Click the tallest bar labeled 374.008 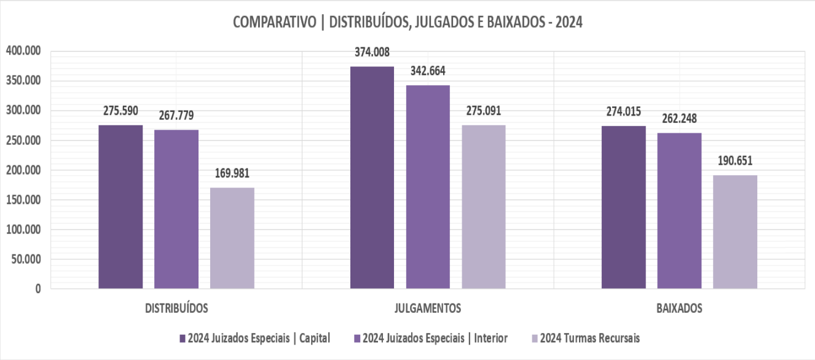click(372, 178)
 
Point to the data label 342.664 click(428, 71)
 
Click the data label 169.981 click(232, 173)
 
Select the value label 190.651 click(735, 161)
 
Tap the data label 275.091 click(484, 111)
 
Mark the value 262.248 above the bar click(679, 119)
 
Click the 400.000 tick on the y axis click(23, 51)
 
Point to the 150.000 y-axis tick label click(23, 200)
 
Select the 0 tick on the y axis click(38, 289)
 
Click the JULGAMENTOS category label click(428, 308)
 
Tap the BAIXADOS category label click(679, 308)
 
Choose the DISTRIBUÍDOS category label click(176, 308)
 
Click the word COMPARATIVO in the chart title click(275, 23)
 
